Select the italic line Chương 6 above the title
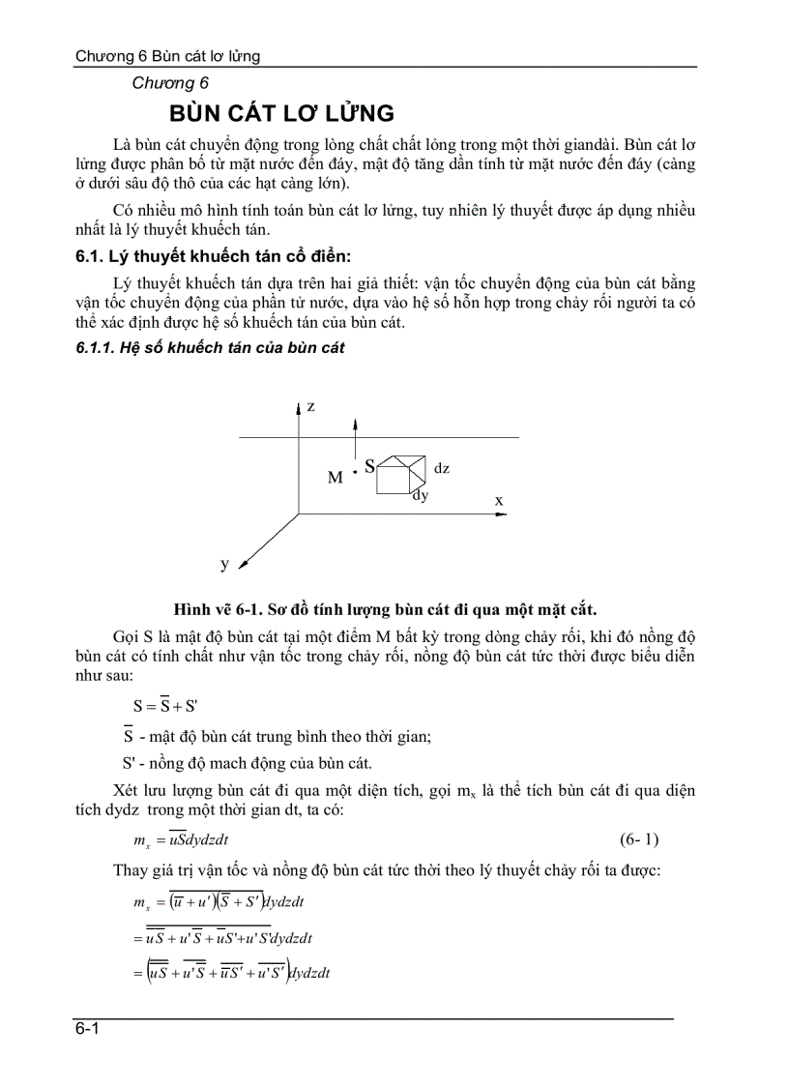[170, 83]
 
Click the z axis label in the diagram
[310, 407]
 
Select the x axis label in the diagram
[499, 500]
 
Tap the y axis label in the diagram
[223, 562]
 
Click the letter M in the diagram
[335, 478]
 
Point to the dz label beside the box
[441, 468]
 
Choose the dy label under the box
[420, 495]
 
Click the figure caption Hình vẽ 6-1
[385, 608]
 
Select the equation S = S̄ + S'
[165, 705]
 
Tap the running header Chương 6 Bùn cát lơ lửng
[168, 56]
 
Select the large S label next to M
[369, 466]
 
